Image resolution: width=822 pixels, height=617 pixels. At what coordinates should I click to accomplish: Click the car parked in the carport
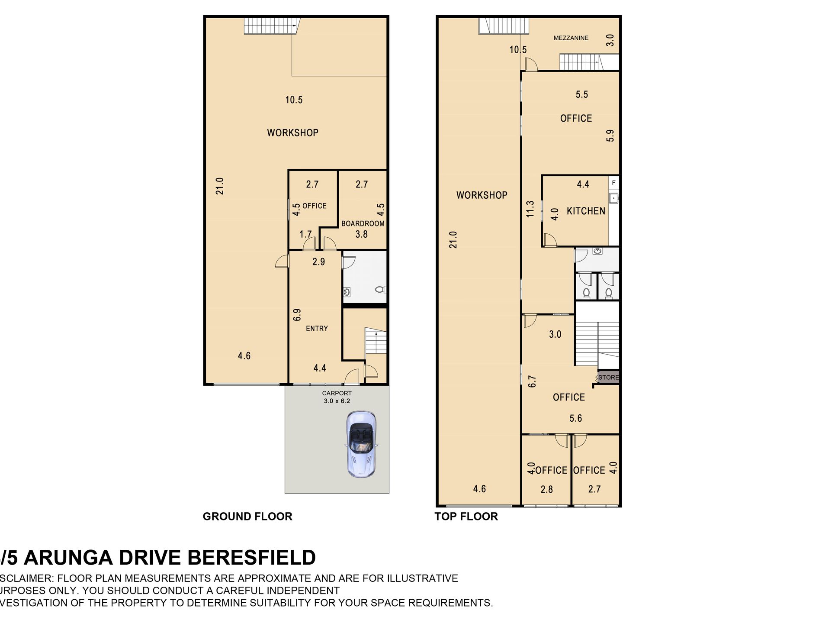point(361,445)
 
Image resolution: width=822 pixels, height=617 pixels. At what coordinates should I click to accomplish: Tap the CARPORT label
point(337,393)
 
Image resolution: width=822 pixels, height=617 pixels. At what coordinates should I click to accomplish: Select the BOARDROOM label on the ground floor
point(363,223)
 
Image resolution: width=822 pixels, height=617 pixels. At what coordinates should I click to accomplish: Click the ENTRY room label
point(317,329)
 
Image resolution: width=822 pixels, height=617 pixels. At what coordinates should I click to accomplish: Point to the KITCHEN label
point(586,211)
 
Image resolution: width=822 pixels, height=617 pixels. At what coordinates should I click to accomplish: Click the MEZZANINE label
point(571,38)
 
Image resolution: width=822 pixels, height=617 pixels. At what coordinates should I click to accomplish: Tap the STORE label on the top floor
point(608,378)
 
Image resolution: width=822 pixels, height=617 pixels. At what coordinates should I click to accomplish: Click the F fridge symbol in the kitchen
point(613,183)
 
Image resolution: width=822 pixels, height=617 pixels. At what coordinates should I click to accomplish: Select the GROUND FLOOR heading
point(247,516)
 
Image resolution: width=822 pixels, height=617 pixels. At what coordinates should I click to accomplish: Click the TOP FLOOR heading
point(466,516)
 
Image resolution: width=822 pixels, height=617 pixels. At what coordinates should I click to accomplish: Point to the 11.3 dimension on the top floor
point(531,209)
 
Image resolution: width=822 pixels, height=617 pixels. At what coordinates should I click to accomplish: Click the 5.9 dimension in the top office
point(610,136)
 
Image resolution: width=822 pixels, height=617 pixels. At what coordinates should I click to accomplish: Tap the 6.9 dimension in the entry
point(297,315)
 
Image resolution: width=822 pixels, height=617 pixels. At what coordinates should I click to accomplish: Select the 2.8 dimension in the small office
point(546,489)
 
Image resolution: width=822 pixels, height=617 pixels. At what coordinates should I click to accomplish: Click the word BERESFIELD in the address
point(252,558)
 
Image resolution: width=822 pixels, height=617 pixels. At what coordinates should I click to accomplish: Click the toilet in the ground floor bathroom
point(381,289)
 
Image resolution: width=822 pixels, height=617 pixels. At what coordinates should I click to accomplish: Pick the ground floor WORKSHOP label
point(292,132)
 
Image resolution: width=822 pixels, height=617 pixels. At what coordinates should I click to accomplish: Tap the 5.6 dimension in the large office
point(575,418)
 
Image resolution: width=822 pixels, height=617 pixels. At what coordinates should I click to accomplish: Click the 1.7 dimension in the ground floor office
point(305,234)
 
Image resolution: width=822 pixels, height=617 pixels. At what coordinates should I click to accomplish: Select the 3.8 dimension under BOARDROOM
point(361,234)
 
